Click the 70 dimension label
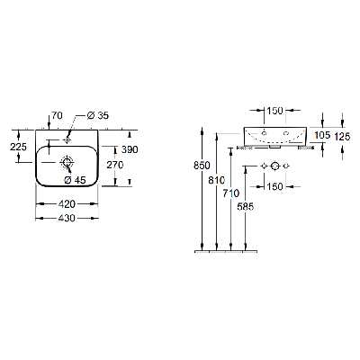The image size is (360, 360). click(57, 115)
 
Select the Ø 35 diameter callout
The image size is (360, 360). click(98, 115)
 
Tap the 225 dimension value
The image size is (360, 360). click(18, 147)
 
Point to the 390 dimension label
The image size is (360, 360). click(130, 149)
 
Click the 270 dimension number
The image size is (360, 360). click(115, 165)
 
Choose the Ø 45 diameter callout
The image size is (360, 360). click(75, 180)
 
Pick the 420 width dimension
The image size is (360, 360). click(67, 204)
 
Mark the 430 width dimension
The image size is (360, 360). click(67, 218)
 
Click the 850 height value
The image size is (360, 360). click(202, 166)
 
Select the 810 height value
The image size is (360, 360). click(216, 180)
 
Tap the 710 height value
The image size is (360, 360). click(231, 193)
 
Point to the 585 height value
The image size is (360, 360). click(246, 206)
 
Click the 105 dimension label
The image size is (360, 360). click(322, 135)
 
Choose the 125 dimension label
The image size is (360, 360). click(342, 137)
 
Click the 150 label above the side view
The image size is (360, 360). click(274, 111)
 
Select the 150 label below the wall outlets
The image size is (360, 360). click(274, 186)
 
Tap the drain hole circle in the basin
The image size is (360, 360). click(67, 162)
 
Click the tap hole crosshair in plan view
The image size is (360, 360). click(67, 139)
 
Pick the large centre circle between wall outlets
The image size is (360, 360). click(275, 166)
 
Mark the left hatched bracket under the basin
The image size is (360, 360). click(245, 148)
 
